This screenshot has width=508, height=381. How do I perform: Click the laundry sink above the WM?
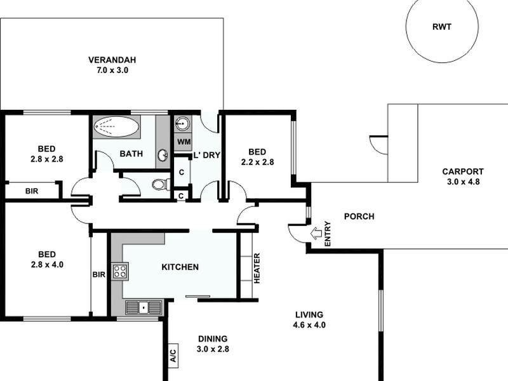click(x=183, y=123)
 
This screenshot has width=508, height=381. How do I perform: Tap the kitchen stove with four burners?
click(x=120, y=272)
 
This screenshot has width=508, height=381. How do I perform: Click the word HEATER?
click(x=257, y=269)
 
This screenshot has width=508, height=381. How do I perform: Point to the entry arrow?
click(x=316, y=233)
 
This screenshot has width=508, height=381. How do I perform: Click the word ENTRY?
click(x=328, y=234)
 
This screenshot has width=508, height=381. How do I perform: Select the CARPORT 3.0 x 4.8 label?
click(x=464, y=176)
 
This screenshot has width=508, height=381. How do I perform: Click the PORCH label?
click(x=359, y=217)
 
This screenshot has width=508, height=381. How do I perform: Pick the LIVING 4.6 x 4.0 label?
click(x=309, y=319)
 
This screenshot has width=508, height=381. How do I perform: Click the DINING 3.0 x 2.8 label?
click(x=211, y=344)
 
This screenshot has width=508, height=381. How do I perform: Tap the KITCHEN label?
click(x=180, y=267)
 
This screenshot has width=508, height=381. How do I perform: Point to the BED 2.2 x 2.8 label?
click(x=257, y=156)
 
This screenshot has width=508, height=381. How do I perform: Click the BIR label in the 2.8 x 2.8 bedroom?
click(x=32, y=190)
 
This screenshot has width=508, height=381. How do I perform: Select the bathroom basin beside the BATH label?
click(x=163, y=154)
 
